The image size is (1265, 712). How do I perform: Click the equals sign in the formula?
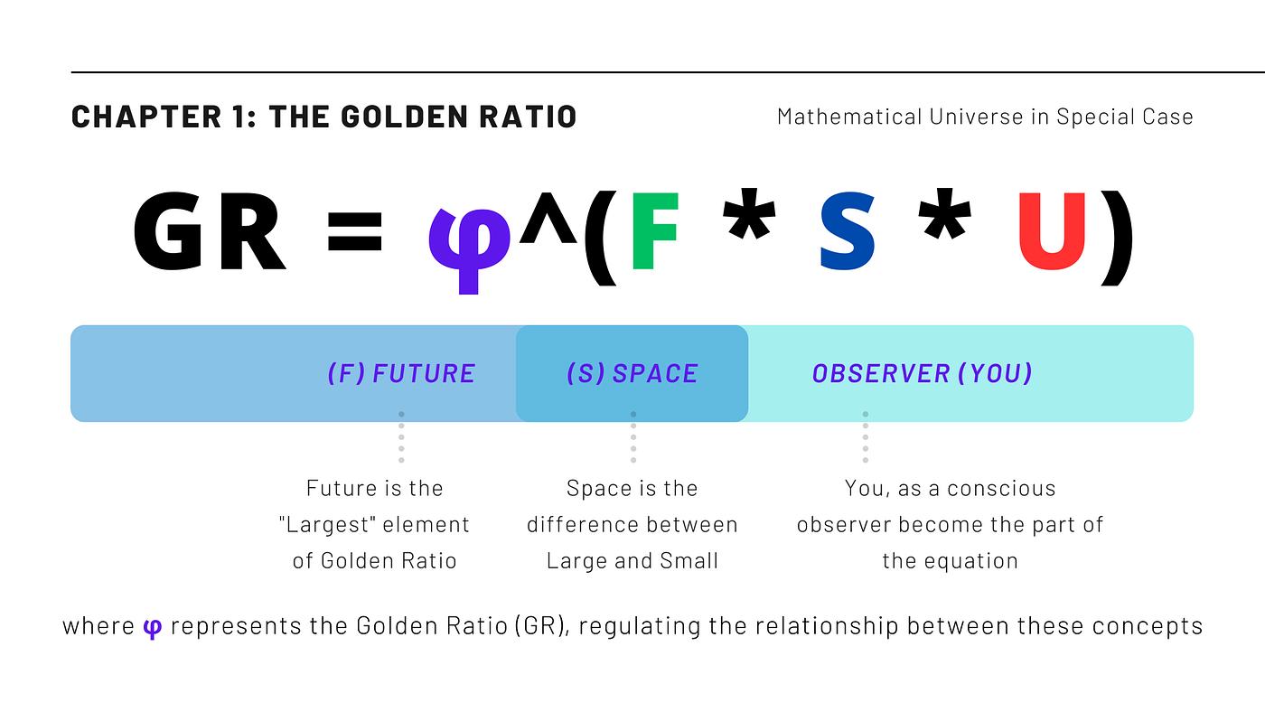point(354,233)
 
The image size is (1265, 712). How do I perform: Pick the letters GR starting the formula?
point(210,232)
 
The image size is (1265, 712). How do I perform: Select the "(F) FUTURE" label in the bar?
point(401,373)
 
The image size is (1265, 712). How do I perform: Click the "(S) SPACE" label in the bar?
point(632,373)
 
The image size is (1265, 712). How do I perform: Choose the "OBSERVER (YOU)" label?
point(922,373)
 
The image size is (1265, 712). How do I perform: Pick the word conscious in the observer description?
point(1001,489)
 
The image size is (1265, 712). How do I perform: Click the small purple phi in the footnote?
point(152,628)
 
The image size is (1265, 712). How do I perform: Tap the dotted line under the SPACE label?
point(633,438)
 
